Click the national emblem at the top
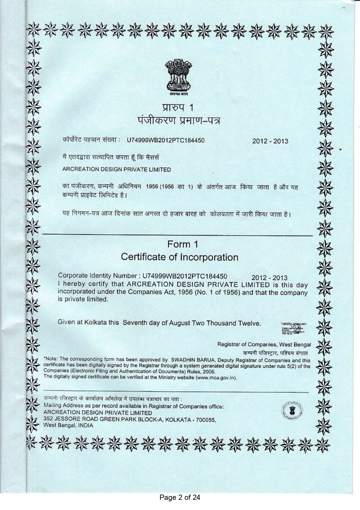pyautogui.click(x=178, y=76)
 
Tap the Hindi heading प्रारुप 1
pyautogui.click(x=178, y=108)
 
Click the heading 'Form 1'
pyautogui.click(x=182, y=244)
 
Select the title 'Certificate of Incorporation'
pyautogui.click(x=179, y=257)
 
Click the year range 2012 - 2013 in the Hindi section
pyautogui.click(x=270, y=141)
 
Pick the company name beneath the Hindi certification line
pyautogui.click(x=117, y=170)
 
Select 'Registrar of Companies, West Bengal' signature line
pyautogui.click(x=264, y=345)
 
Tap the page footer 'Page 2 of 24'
pyautogui.click(x=180, y=497)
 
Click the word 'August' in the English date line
pyautogui.click(x=179, y=323)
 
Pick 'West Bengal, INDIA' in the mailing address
pyautogui.click(x=68, y=426)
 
